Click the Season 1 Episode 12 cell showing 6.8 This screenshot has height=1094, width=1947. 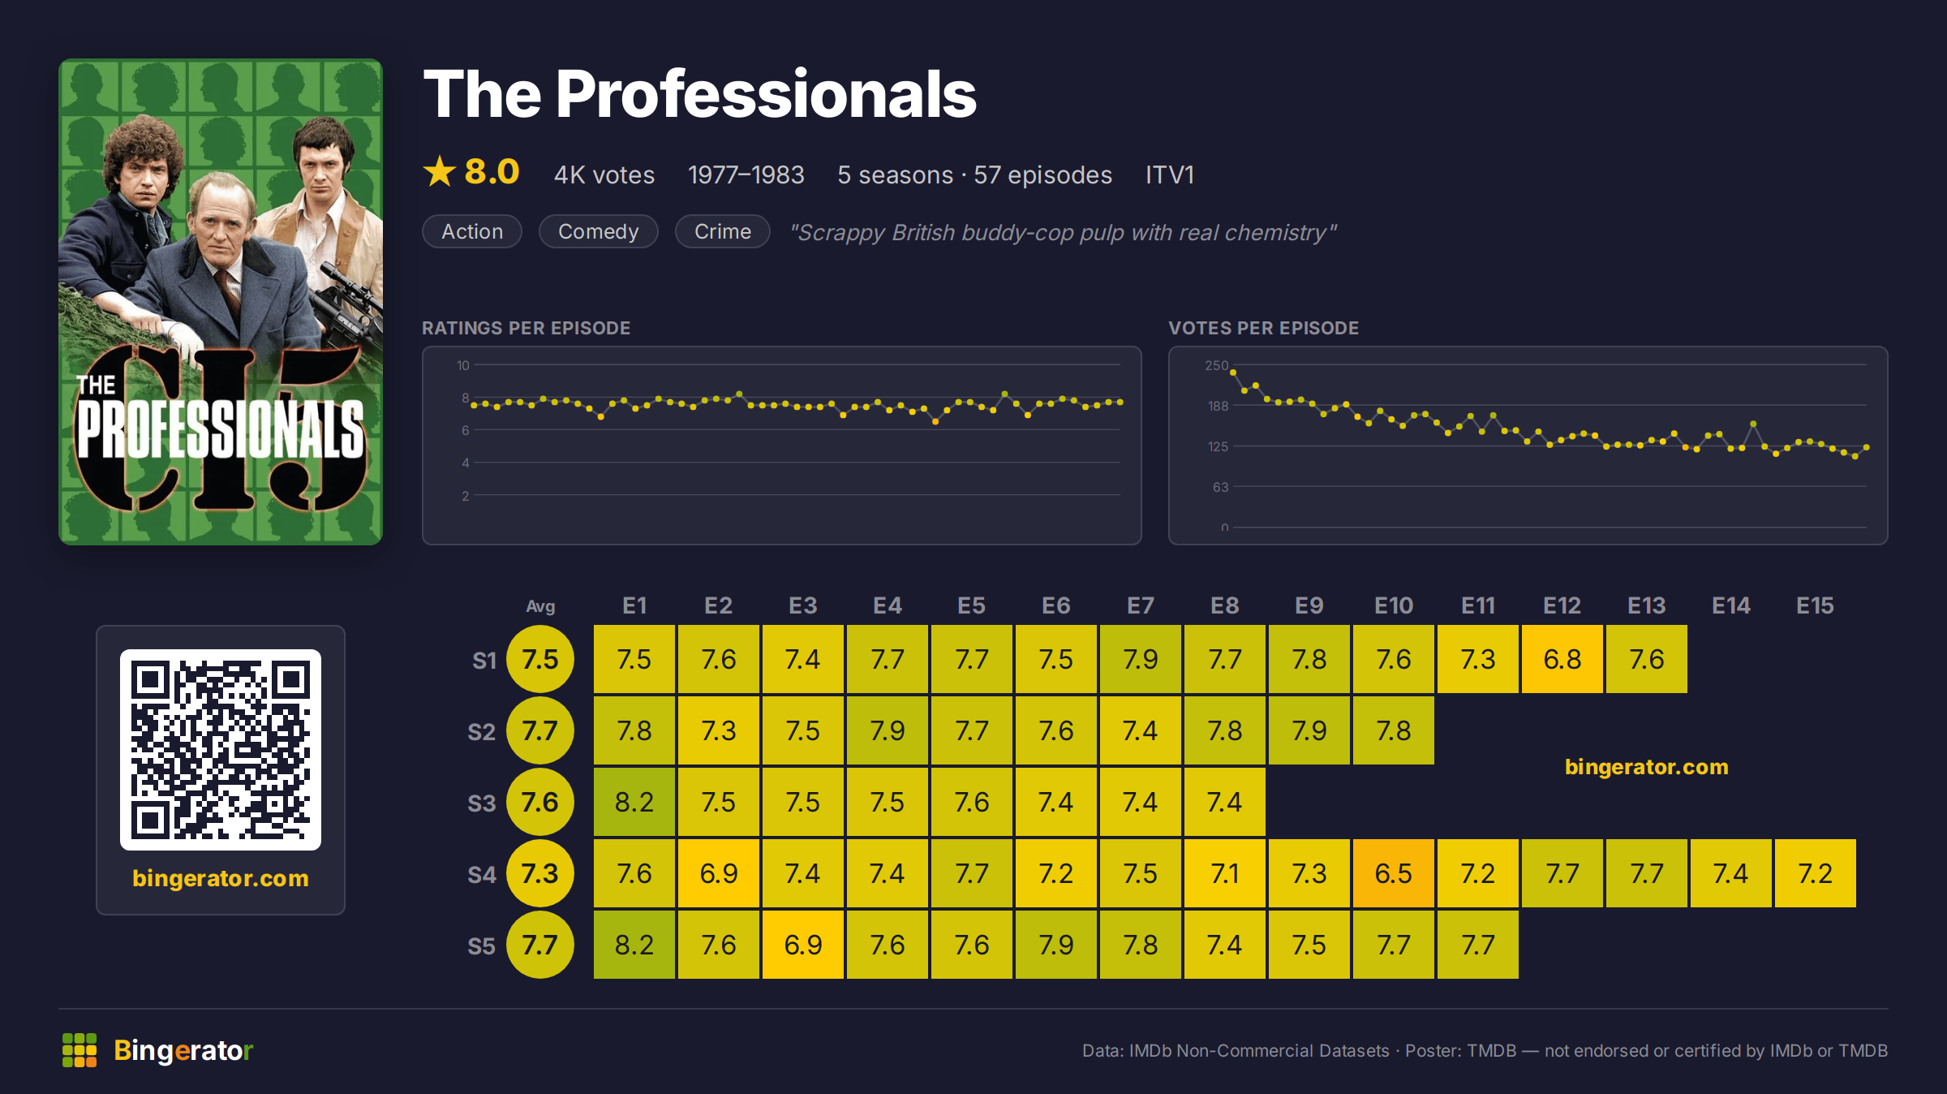(1562, 659)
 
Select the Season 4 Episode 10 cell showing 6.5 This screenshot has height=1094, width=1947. (1393, 873)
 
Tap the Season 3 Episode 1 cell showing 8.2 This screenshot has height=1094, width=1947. (634, 802)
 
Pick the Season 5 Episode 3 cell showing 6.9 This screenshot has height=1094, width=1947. (802, 945)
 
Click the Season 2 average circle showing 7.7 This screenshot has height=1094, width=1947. (539, 730)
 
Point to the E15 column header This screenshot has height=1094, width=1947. (1815, 605)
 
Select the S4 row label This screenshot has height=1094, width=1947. (481, 874)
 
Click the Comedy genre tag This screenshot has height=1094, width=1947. (598, 231)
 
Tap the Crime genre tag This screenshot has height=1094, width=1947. (722, 231)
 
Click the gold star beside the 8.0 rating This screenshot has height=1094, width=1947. (440, 171)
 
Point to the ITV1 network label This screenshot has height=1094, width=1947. (1169, 174)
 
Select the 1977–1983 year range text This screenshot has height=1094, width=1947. (746, 174)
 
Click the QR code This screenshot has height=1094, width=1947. (221, 750)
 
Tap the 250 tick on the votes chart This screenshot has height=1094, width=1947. (1216, 365)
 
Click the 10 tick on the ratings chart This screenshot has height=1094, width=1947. (462, 365)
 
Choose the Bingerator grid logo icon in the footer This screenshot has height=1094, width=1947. (80, 1050)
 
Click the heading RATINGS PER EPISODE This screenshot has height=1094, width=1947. (526, 328)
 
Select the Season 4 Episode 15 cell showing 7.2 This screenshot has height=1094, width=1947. (1815, 873)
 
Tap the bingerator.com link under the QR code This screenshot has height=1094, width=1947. (221, 878)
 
